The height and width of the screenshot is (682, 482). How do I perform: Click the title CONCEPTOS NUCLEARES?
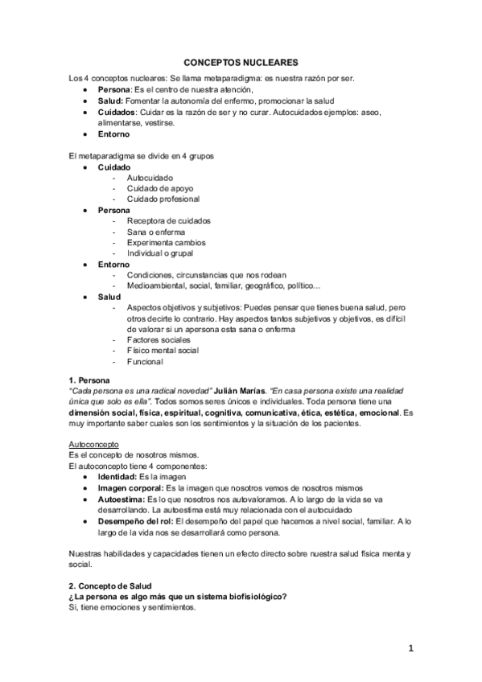[241, 60]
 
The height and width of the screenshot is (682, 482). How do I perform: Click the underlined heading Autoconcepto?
[95, 443]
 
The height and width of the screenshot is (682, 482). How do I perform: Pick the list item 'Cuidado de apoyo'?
[159, 187]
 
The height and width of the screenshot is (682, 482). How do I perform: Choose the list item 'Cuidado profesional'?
[163, 199]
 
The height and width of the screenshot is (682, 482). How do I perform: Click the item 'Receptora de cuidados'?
[169, 220]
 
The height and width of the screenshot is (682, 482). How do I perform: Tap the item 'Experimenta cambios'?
[166, 242]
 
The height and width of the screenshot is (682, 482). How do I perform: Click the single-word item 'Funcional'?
[146, 362]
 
